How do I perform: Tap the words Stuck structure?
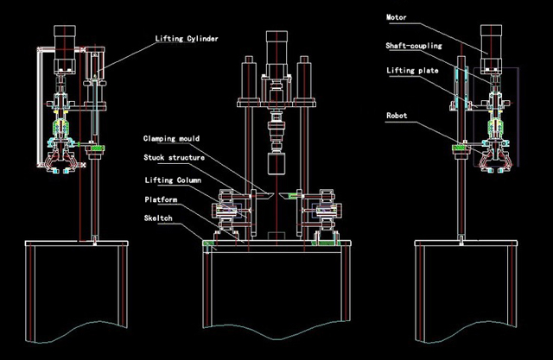pos(174,157)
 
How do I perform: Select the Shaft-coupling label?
pos(414,45)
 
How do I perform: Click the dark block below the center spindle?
pos(276,167)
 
